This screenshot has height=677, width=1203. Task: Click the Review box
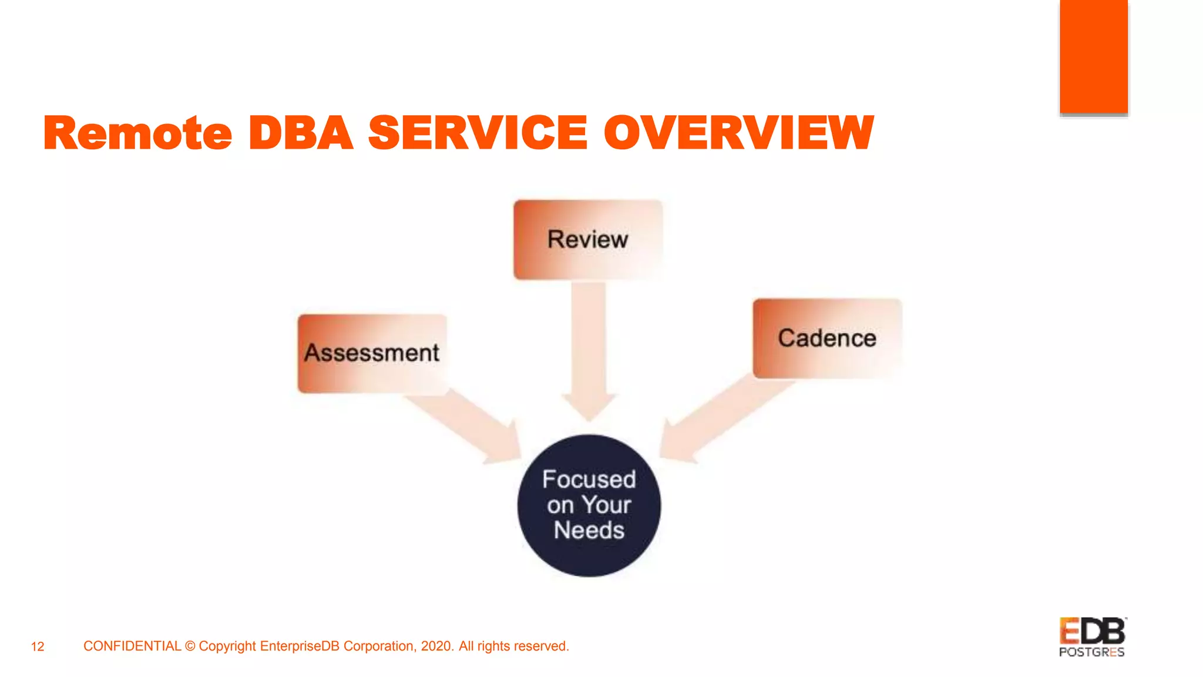coord(588,240)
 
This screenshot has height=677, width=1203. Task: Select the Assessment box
coord(372,353)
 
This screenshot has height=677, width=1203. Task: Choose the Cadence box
coord(827,338)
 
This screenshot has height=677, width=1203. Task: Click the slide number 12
coord(38,647)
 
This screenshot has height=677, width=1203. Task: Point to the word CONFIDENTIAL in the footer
coord(132,646)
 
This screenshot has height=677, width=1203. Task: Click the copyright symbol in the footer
coord(190,646)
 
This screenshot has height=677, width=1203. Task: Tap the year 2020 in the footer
coord(436,646)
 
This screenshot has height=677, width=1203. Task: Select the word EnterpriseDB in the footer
coord(300,646)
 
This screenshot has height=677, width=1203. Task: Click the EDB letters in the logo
coord(1092,632)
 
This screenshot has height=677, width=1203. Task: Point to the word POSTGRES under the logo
coord(1091,652)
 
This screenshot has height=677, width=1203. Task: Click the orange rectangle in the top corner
coord(1093,56)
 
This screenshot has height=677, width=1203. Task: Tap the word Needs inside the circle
coord(589,531)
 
